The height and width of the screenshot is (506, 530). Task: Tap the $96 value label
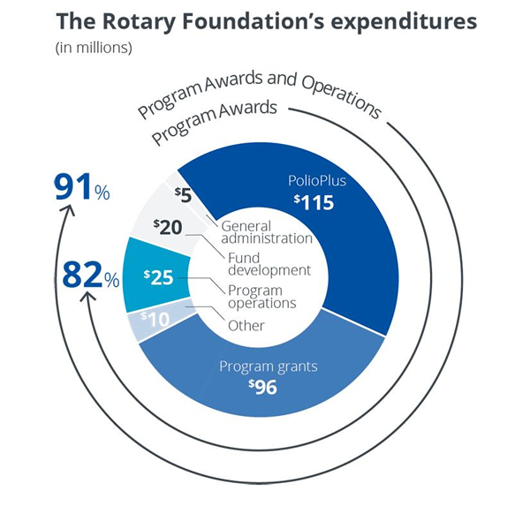(x=264, y=385)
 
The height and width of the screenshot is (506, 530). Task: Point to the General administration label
(x=265, y=231)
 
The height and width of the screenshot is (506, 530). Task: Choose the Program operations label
(x=261, y=296)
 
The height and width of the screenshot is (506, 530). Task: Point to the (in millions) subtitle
(x=92, y=48)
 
